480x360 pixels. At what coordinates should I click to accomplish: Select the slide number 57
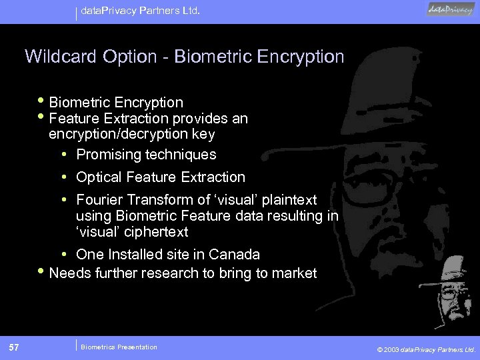pos(14,347)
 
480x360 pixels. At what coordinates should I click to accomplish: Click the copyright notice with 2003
pos(425,349)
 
